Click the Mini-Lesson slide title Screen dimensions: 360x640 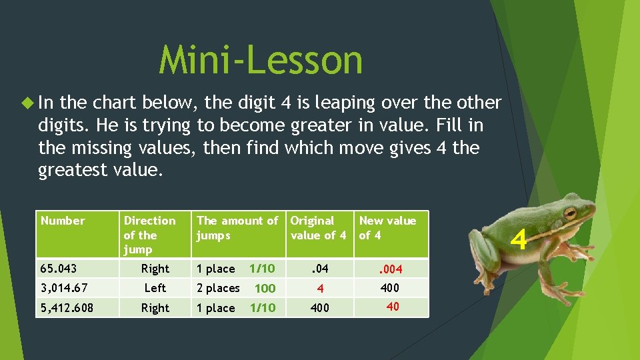[261, 60]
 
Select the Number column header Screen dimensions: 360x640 [63, 221]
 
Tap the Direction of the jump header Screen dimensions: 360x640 [149, 235]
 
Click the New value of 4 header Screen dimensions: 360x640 [387, 227]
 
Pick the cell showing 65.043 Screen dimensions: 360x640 [59, 269]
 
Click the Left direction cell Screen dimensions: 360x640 [155, 288]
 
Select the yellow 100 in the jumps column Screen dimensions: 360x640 [265, 289]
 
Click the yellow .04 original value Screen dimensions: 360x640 [320, 269]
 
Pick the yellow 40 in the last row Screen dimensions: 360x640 [393, 306]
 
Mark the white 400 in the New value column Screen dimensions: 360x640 [389, 288]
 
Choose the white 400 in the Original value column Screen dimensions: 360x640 [320, 308]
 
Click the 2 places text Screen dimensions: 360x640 [218, 288]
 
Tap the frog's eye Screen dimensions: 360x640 [570, 214]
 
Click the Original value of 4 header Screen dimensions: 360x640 [318, 227]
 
